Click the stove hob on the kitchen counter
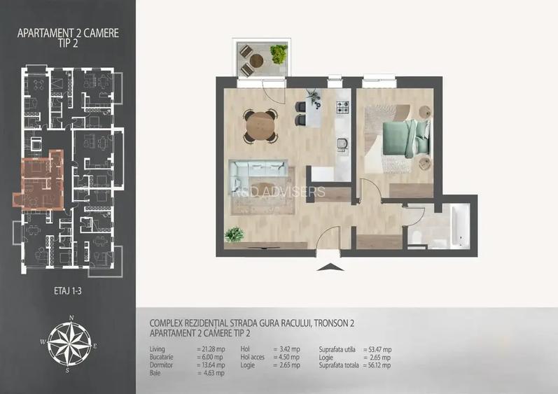(x=342, y=108)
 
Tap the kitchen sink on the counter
(x=342, y=143)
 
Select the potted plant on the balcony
(x=279, y=54)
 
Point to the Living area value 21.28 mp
(x=211, y=349)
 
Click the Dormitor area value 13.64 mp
(x=211, y=365)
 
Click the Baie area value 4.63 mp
(x=210, y=373)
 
